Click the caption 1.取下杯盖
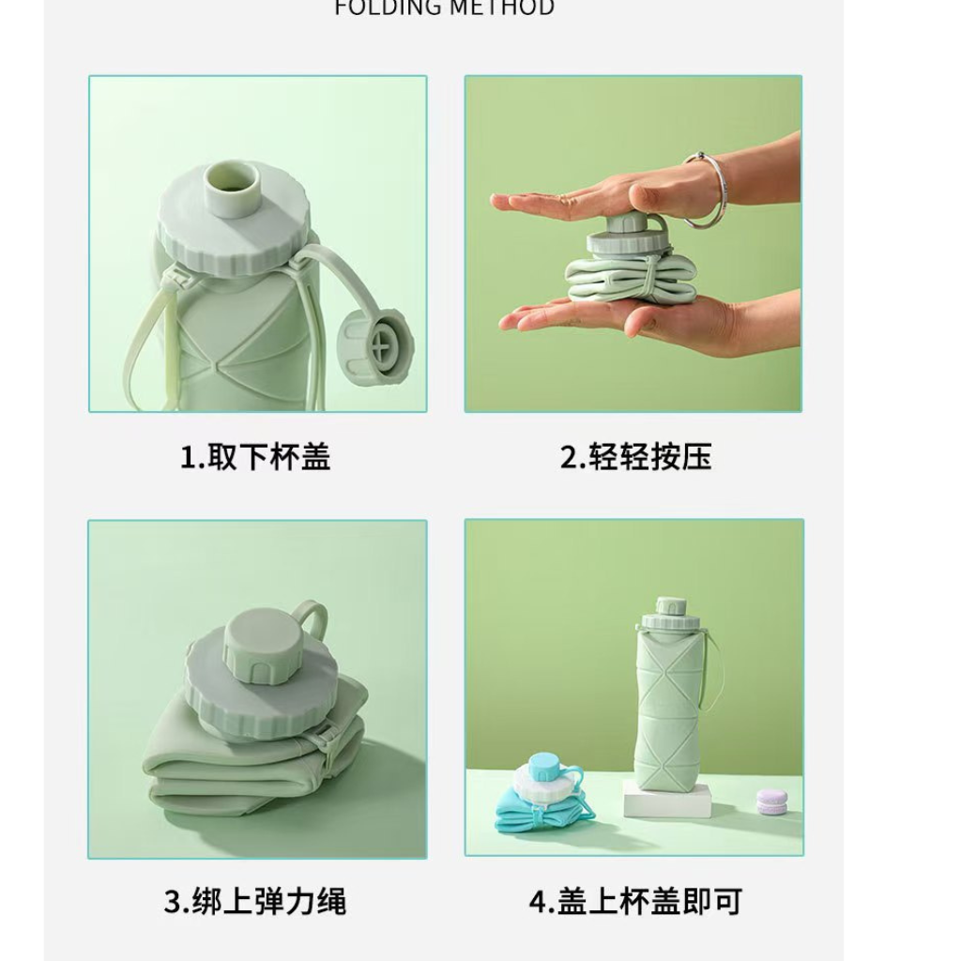pyautogui.click(x=255, y=457)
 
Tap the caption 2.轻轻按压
pyautogui.click(x=635, y=457)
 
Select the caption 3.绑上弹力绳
pyautogui.click(x=255, y=901)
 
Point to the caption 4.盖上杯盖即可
pyautogui.click(x=635, y=901)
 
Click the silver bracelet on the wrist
pyautogui.click(x=703, y=191)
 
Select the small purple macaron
pyautogui.click(x=772, y=800)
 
